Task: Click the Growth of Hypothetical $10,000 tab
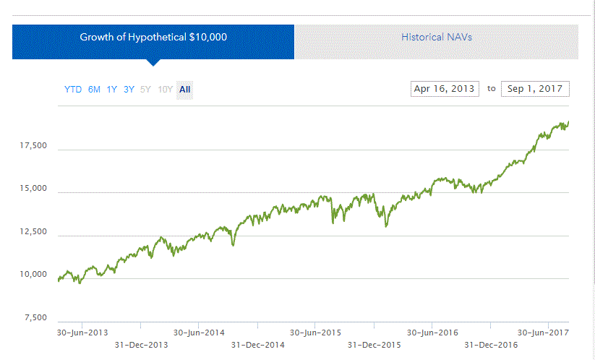click(153, 36)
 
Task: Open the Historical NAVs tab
click(437, 36)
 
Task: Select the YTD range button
click(73, 90)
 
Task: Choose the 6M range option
click(94, 90)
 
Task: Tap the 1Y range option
click(112, 90)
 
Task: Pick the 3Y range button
click(129, 90)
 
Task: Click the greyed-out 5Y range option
click(146, 90)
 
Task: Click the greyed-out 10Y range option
click(166, 90)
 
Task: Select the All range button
click(185, 90)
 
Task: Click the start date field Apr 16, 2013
click(444, 89)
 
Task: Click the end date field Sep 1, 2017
click(535, 89)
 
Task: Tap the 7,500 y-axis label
click(34, 318)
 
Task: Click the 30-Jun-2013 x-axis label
click(82, 333)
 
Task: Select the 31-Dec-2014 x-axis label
click(258, 345)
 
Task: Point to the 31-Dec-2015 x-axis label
click(374, 345)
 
